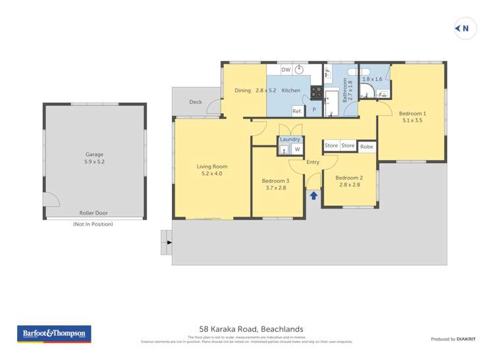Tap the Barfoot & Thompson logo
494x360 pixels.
click(54, 334)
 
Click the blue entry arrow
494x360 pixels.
click(314, 195)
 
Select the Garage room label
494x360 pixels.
click(94, 155)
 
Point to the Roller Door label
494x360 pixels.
click(94, 213)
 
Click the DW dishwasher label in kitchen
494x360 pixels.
click(286, 70)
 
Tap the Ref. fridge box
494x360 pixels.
click(297, 111)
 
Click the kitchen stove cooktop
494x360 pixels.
click(316, 93)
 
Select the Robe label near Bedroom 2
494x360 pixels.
click(367, 146)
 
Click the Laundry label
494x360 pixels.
click(290, 140)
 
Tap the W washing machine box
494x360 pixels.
click(297, 149)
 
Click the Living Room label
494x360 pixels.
click(212, 167)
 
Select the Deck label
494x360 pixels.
click(196, 102)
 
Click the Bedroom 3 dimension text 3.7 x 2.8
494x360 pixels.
click(275, 188)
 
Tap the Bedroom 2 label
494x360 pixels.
click(349, 178)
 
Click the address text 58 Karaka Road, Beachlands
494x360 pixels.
click(251, 329)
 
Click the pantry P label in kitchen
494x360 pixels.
click(314, 110)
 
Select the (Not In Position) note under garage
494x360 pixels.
click(93, 224)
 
